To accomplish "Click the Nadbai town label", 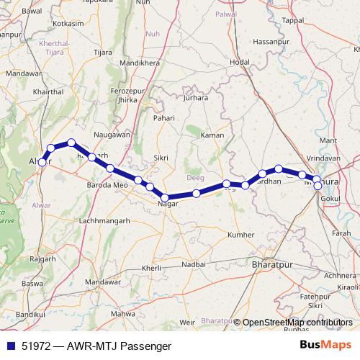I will [x=193, y=265].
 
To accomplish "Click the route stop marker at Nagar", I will [x=165, y=197].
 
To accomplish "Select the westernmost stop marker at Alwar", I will [x=42, y=162].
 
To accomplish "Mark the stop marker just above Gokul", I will [x=318, y=186].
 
